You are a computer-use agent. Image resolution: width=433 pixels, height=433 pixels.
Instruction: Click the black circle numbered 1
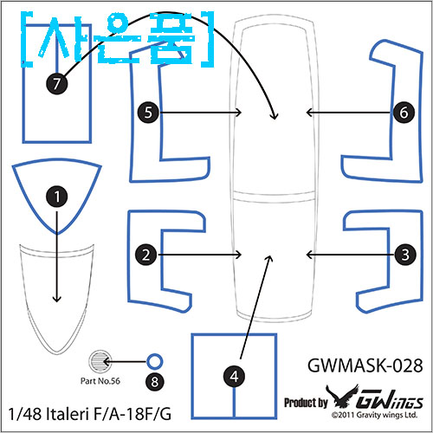(x=57, y=197)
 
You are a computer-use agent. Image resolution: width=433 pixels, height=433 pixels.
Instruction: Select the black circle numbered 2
(x=146, y=255)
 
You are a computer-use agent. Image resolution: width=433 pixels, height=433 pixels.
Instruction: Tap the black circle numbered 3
(x=405, y=255)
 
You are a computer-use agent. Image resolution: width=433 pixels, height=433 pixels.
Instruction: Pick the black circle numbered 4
(x=234, y=377)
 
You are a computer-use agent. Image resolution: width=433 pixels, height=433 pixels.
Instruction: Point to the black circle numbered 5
(x=148, y=113)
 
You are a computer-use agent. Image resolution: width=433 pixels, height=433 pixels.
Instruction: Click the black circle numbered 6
(x=404, y=113)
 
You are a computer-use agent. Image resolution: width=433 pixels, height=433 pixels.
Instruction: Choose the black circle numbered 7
(x=57, y=84)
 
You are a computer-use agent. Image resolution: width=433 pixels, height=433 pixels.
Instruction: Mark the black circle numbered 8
(x=155, y=382)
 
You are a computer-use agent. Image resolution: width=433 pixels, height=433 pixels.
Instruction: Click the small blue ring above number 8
(x=155, y=361)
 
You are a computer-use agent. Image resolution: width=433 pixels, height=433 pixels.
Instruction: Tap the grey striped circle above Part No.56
(x=100, y=361)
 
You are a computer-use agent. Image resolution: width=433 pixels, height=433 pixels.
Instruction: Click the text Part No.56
(x=100, y=381)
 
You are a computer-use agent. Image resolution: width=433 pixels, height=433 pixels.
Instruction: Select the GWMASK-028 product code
(x=365, y=365)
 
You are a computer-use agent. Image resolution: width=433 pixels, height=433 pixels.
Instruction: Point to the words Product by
(x=306, y=403)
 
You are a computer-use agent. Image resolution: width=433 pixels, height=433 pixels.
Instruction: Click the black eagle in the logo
(x=343, y=396)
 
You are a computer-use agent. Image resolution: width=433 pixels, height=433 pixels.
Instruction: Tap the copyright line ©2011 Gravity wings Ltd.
(x=374, y=415)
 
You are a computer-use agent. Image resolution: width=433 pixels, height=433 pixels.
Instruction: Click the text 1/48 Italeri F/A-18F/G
(x=90, y=414)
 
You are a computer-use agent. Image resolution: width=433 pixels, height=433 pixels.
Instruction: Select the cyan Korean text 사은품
(x=117, y=39)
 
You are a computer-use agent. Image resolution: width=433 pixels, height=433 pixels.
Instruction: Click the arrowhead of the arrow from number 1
(x=57, y=299)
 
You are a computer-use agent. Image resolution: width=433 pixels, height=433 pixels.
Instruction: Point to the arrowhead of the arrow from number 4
(x=269, y=258)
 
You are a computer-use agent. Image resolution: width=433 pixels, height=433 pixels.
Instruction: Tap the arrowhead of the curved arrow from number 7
(x=275, y=116)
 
